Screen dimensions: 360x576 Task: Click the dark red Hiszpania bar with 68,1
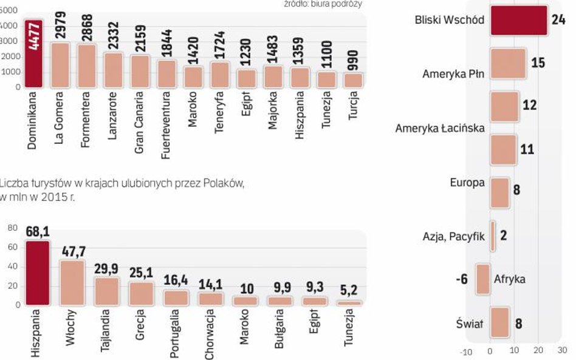[36, 273]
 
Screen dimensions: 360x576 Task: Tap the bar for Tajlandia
[106, 291]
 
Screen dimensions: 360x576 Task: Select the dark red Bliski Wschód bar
[518, 19]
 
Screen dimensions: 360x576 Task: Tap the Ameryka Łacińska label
[440, 129]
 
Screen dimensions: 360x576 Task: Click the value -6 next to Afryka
[463, 279]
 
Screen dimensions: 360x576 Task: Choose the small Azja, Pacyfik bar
[493, 236]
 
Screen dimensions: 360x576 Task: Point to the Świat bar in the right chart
[499, 322]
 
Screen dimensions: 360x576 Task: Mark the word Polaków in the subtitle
[226, 183]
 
